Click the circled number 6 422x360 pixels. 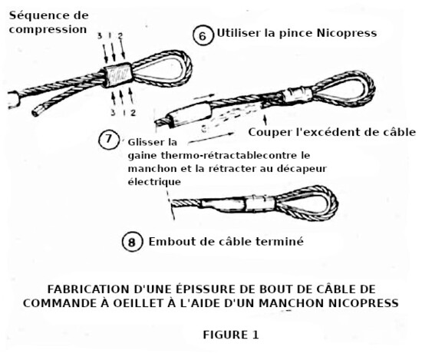(x=203, y=35)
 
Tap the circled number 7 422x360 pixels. (x=108, y=139)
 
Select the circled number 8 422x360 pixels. (x=132, y=242)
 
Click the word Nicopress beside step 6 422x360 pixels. (x=347, y=33)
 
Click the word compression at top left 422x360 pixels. (x=48, y=30)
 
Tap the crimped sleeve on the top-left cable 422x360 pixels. (x=117, y=75)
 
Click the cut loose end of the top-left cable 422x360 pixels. (x=36, y=112)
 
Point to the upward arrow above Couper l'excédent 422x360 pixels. (x=265, y=120)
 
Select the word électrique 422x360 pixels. (x=154, y=182)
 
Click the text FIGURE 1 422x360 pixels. (x=231, y=335)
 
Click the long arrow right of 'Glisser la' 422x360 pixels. (x=212, y=138)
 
